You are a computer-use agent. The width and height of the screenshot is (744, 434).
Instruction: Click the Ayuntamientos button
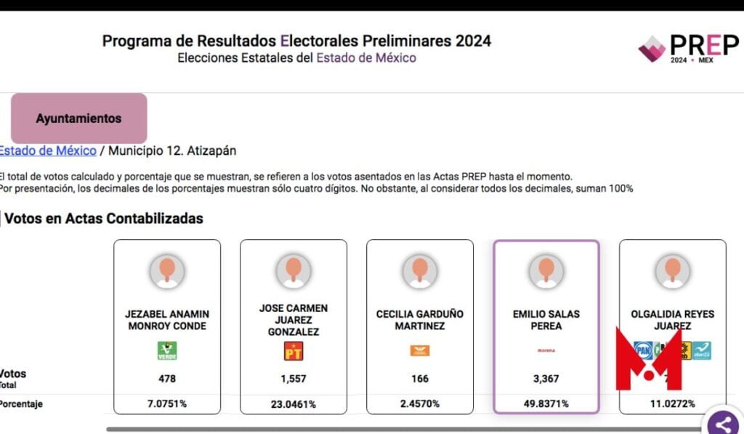pos(78,118)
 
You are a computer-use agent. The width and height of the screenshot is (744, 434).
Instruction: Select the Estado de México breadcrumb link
pos(47,150)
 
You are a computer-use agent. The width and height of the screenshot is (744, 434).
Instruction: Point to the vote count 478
pos(167,378)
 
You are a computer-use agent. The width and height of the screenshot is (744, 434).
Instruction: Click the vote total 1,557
pos(294,378)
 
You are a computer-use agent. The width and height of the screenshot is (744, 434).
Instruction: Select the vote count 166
pos(419,378)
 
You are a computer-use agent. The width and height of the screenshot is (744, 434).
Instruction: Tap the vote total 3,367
pos(546,378)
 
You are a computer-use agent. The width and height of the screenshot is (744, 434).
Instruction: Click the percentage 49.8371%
pos(546,403)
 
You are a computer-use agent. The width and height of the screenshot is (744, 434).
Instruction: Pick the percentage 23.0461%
pos(294,403)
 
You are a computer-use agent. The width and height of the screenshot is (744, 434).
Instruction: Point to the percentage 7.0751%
pos(167,403)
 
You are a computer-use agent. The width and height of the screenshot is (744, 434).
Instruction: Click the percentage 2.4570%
pos(419,403)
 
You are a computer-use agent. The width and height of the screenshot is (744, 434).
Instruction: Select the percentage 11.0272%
pos(672,403)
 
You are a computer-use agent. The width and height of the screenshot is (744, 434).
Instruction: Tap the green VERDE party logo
pos(167,351)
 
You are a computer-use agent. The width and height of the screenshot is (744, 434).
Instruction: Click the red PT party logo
pos(293,351)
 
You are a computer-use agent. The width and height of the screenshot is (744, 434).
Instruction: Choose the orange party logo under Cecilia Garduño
pos(419,351)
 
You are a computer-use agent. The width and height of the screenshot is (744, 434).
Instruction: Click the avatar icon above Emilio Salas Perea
pos(546,271)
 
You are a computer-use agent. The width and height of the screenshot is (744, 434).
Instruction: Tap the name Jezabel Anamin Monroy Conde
pos(167,320)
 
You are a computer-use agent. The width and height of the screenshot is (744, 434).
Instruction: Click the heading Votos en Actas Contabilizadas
pos(104,218)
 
